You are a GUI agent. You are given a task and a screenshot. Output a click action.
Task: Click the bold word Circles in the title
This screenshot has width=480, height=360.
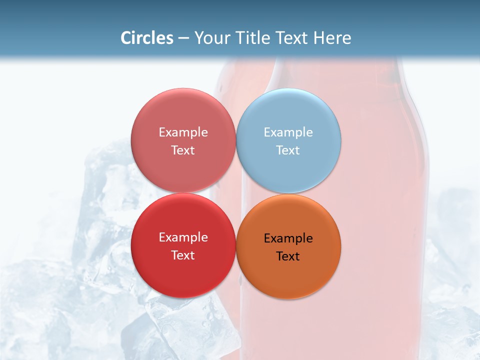click(146, 37)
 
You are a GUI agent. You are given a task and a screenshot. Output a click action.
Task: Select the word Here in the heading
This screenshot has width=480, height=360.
click(332, 37)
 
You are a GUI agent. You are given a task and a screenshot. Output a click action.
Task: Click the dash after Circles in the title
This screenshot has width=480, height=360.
click(183, 38)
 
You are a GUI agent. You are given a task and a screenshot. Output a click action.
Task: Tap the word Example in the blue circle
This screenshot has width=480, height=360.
click(288, 132)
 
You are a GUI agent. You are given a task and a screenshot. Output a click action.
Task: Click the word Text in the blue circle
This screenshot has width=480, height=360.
click(288, 150)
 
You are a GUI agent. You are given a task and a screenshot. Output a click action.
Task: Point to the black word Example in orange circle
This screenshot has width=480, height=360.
click(288, 238)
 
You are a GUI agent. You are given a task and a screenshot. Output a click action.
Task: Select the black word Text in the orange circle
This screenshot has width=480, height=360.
click(288, 256)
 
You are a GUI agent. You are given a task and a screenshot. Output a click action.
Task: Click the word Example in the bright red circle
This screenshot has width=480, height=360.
click(183, 237)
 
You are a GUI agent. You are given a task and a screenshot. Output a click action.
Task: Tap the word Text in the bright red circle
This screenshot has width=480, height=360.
click(183, 255)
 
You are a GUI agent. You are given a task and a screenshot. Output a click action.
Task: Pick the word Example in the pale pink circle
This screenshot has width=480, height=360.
click(183, 132)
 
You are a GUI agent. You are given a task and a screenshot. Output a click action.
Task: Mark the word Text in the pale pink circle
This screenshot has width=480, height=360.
click(183, 150)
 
